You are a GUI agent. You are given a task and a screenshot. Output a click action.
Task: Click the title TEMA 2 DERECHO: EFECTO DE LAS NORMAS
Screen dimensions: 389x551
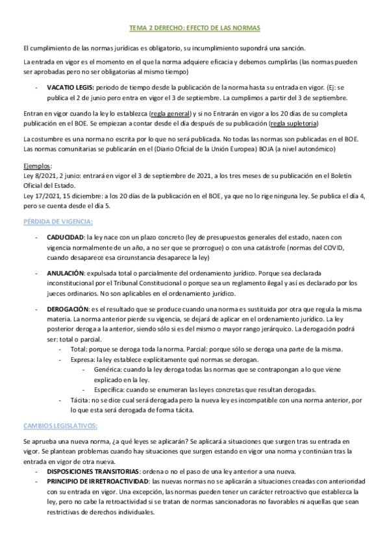(194, 29)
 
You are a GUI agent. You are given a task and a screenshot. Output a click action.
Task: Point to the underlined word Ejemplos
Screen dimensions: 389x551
(38, 165)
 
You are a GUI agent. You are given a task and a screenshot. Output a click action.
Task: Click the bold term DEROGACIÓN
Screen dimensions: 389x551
(68, 309)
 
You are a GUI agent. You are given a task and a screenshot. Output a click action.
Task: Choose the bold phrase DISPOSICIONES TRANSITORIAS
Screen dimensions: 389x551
(93, 471)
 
